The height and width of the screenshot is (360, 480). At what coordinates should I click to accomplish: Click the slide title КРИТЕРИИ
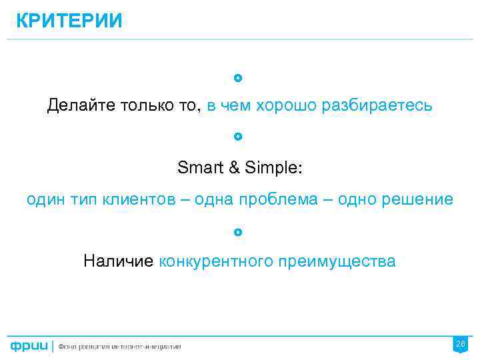69,21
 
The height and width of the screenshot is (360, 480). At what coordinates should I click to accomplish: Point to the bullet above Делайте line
239,78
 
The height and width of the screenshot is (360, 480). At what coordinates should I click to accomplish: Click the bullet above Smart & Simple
239,137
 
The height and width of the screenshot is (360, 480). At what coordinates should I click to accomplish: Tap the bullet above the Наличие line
239,233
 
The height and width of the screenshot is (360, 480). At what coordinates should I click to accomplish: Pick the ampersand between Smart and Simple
234,168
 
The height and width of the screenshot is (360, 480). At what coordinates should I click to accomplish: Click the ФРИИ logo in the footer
29,346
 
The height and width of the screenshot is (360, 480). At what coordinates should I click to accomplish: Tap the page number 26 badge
460,344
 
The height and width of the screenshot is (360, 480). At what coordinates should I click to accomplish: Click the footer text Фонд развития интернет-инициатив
119,347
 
